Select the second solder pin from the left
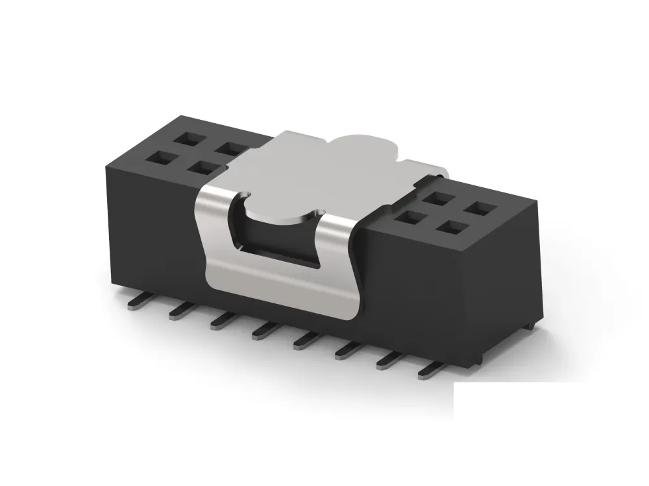[x=180, y=312]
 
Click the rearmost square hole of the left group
[x=193, y=138]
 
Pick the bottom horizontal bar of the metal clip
[x=279, y=285]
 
